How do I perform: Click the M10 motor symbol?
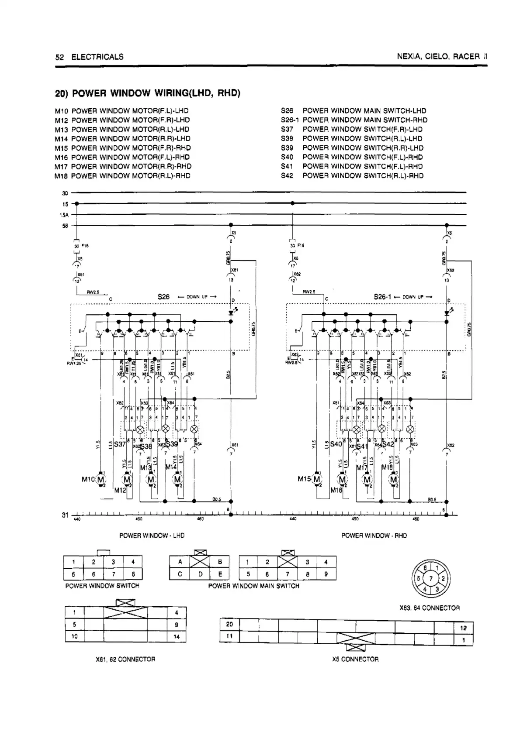(x=101, y=479)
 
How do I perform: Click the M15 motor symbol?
(x=317, y=479)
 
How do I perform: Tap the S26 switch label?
(x=163, y=297)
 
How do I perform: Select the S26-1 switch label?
(x=382, y=297)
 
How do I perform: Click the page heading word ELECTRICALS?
(x=97, y=57)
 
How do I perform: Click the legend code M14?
(x=61, y=139)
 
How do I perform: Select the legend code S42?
(x=287, y=176)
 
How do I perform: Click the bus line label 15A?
(x=64, y=215)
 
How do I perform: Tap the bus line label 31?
(x=65, y=515)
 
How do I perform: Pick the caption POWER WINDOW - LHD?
(x=152, y=536)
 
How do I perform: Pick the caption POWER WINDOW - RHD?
(x=374, y=536)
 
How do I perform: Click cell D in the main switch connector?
(x=201, y=574)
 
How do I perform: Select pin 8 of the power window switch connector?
(x=133, y=574)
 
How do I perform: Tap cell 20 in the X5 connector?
(x=229, y=625)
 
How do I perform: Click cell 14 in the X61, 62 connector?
(x=177, y=636)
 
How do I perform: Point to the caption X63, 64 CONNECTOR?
(x=430, y=608)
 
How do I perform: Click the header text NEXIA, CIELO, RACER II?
(x=442, y=57)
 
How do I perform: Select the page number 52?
(x=60, y=57)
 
